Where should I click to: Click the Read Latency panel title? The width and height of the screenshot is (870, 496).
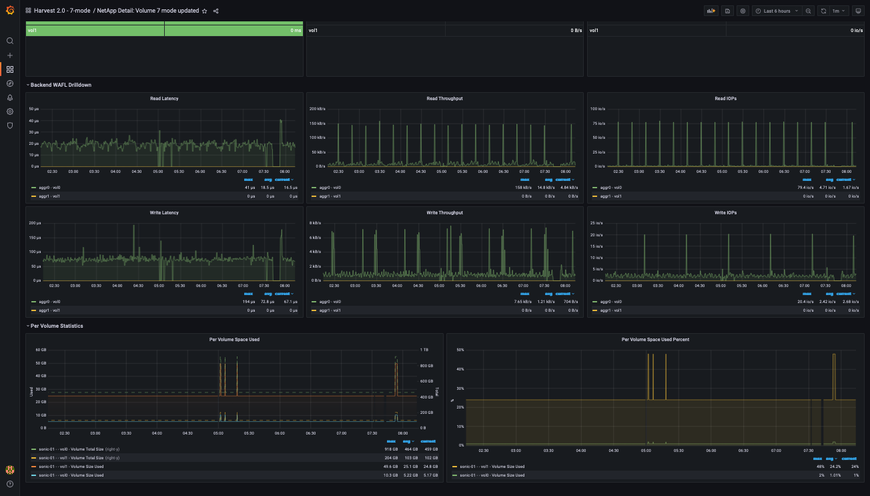164,99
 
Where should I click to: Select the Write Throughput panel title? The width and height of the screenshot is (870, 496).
444,213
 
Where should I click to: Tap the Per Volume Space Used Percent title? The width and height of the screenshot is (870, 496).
655,339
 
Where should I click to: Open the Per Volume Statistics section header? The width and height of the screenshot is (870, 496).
57,326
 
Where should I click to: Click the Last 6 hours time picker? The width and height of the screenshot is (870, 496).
777,11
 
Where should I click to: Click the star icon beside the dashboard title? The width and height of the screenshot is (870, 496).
205,11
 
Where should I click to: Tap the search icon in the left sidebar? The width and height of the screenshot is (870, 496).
10,41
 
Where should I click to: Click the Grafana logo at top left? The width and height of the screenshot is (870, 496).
10,11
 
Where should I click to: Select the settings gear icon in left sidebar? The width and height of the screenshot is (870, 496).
10,111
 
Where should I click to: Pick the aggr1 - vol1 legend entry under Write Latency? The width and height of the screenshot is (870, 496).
49,310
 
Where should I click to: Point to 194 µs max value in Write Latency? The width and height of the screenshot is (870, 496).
249,302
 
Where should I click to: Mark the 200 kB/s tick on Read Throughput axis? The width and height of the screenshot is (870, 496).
317,108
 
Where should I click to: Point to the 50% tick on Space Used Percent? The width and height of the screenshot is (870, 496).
459,349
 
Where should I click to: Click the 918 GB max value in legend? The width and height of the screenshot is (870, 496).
392,449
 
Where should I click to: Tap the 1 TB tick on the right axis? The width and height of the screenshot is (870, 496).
424,350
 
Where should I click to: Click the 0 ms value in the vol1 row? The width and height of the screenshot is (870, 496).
296,31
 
